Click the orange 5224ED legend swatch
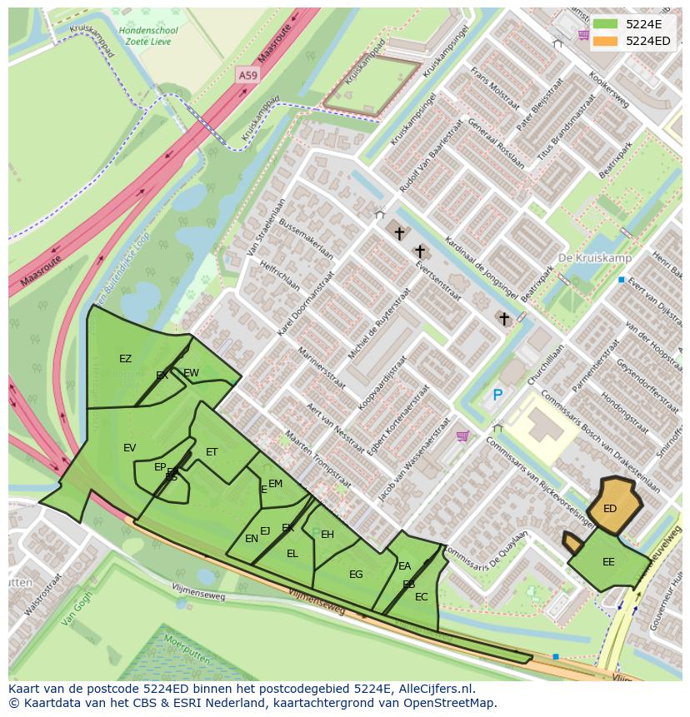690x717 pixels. [x=605, y=41]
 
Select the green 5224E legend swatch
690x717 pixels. [x=605, y=24]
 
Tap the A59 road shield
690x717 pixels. [x=247, y=75]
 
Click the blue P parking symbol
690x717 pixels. [x=497, y=396]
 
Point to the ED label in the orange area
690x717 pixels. [x=610, y=509]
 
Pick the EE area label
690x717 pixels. [x=608, y=562]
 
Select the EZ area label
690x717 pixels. [x=125, y=359]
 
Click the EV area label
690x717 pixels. [x=129, y=448]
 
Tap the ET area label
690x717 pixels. [x=212, y=452]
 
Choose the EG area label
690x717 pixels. [x=356, y=575]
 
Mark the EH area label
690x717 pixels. [x=327, y=535]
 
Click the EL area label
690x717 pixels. [x=292, y=554]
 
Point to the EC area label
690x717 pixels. [x=421, y=597]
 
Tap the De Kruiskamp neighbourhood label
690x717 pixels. [x=595, y=258]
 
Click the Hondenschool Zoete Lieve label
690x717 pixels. [x=149, y=36]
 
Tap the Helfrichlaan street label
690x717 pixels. [x=279, y=274]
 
